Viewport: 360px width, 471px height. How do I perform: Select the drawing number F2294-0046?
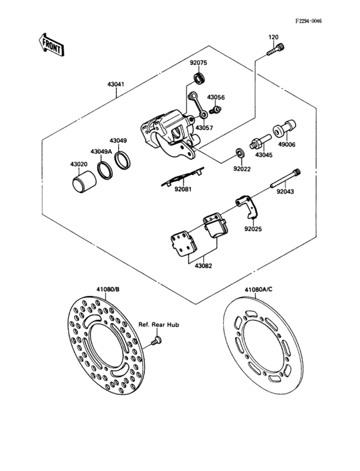(308, 21)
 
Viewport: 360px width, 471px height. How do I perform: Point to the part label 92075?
(198, 62)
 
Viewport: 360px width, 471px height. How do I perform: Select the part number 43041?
(117, 84)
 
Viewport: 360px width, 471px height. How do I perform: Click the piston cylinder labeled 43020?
(79, 183)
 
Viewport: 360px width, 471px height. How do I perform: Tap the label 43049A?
(101, 151)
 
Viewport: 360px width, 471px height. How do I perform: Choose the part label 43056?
(215, 97)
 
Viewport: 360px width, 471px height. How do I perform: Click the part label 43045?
(264, 154)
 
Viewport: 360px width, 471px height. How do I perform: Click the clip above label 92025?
(246, 206)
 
